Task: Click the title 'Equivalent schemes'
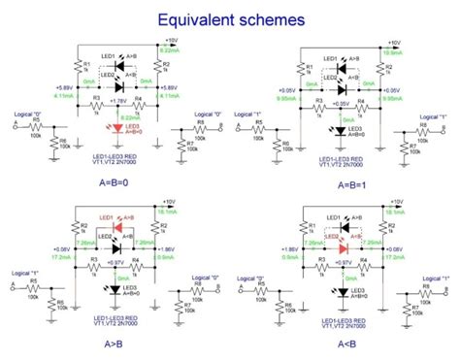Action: click(x=230, y=19)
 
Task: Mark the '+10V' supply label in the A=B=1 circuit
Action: click(x=393, y=43)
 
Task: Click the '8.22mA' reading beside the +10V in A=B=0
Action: click(x=167, y=49)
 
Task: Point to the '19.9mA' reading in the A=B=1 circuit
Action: click(x=393, y=50)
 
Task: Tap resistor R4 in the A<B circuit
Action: click(x=361, y=265)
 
